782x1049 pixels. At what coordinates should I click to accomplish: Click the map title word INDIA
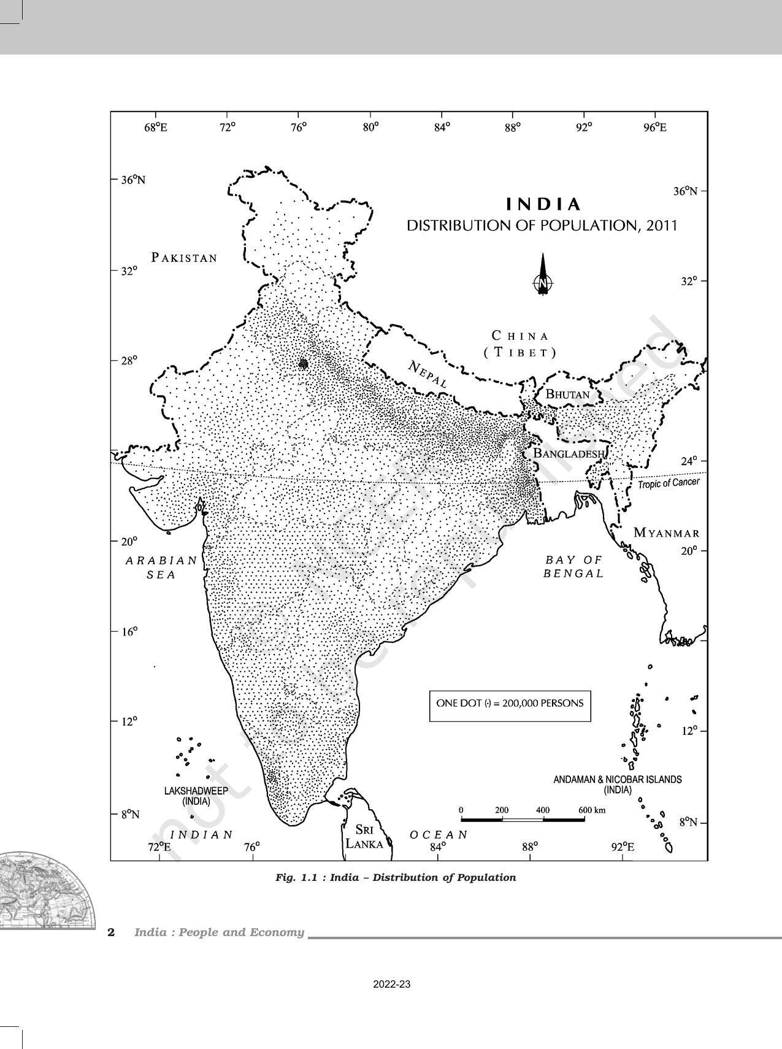(543, 204)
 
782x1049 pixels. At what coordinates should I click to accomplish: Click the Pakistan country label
(185, 258)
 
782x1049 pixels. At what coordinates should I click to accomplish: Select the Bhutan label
(567, 394)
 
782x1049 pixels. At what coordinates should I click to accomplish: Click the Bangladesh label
(569, 453)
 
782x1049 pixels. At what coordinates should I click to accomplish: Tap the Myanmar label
(666, 532)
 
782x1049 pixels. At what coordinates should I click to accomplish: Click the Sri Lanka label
(364, 837)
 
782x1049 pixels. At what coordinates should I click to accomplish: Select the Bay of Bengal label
(574, 567)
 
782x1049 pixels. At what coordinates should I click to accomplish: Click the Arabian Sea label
(161, 567)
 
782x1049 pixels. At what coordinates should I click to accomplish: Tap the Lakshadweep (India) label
(196, 796)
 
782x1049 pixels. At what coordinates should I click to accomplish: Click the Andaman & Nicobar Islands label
(617, 784)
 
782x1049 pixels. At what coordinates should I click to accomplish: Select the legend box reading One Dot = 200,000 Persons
(510, 704)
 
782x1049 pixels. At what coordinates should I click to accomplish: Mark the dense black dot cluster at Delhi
(303, 364)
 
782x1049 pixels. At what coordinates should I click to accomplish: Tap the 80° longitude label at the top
(370, 127)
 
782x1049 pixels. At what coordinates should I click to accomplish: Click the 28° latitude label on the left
(128, 360)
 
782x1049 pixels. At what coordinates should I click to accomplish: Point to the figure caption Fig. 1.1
(396, 877)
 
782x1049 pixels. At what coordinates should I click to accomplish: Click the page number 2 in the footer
(111, 932)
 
